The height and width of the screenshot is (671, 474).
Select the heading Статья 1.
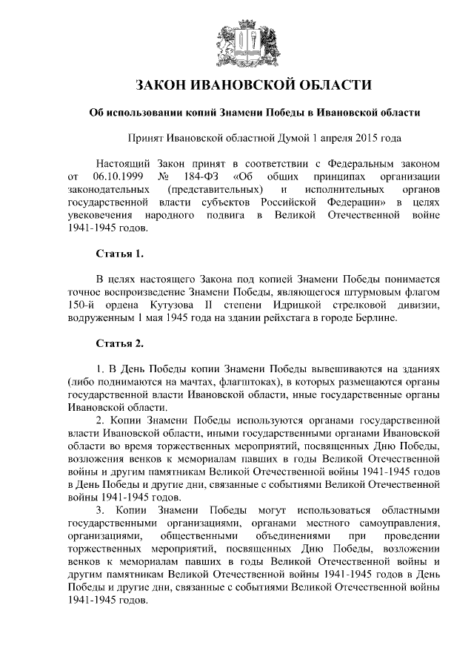(120, 254)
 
